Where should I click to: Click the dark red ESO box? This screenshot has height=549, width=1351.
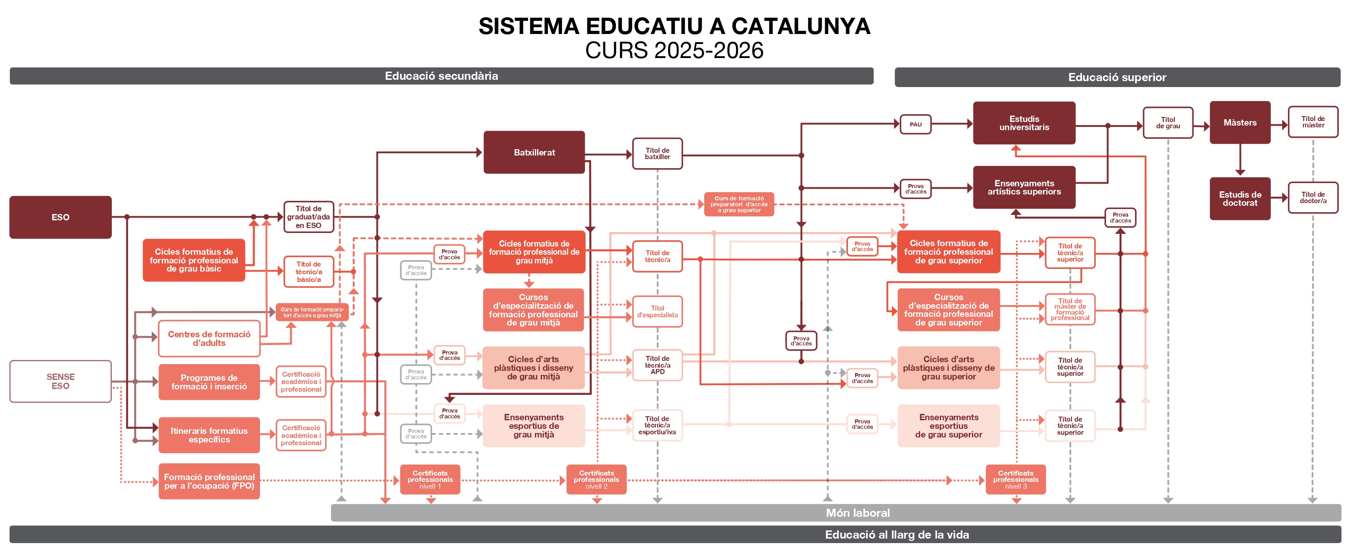tap(60, 217)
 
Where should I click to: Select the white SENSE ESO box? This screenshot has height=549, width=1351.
tap(60, 381)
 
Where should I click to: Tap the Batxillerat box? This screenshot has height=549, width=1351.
tap(534, 152)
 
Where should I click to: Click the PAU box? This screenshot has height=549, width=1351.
tap(915, 124)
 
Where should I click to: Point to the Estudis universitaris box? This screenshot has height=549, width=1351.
tap(1024, 123)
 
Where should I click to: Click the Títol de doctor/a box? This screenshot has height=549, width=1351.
tap(1313, 197)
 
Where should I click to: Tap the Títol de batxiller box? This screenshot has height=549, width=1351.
tap(657, 153)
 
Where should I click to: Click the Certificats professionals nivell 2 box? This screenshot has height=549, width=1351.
tap(596, 479)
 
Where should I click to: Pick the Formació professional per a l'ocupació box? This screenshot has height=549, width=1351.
tap(209, 481)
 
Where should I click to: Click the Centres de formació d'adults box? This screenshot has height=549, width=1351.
tap(209, 339)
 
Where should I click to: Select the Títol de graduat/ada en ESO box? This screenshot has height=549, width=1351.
tap(308, 217)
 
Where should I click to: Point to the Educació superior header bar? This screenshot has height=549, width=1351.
tap(1117, 77)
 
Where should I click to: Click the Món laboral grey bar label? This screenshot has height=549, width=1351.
tap(857, 513)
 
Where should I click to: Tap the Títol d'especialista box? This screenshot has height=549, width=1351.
tap(657, 311)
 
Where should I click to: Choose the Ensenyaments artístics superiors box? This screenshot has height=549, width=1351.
tap(1024, 187)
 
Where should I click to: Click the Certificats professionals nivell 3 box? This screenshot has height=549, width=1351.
tap(1015, 479)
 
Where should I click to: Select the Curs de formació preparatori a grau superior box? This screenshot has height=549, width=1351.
tap(738, 204)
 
